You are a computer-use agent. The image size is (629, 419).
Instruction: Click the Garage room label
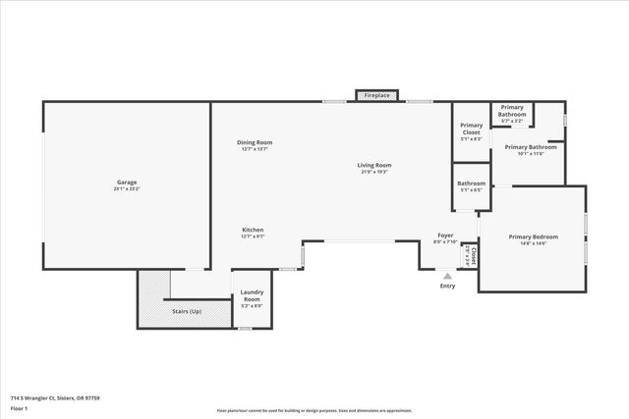126,183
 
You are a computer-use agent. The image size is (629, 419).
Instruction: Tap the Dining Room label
254,143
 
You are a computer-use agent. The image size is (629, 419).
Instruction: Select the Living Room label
373,166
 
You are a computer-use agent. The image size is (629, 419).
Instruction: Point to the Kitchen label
253,231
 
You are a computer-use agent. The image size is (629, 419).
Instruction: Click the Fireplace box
376,95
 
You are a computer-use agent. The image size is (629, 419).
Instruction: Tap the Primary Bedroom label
533,236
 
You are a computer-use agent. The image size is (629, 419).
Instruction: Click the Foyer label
445,236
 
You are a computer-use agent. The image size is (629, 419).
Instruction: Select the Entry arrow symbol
447,276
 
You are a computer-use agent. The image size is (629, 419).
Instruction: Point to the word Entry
447,286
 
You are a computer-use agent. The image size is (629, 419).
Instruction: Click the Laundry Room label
252,296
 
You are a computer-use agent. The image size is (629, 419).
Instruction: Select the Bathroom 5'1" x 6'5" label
471,183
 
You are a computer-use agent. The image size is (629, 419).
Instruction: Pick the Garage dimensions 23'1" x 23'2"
126,188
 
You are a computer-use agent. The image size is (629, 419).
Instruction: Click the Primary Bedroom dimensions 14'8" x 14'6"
533,243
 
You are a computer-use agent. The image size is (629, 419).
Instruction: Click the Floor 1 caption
19,408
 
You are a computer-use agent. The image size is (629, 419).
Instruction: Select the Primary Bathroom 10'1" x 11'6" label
531,148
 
